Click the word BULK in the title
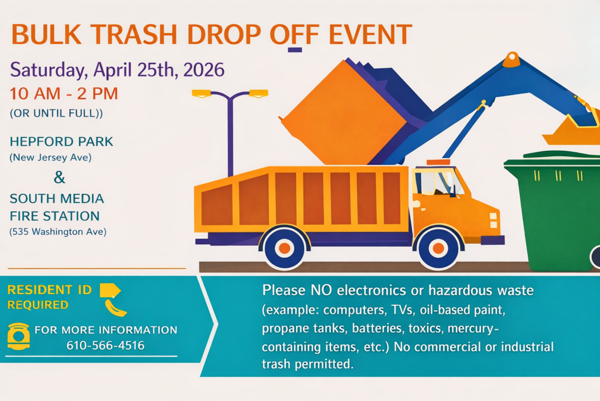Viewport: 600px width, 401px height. (x=46, y=35)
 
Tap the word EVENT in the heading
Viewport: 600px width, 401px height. (x=370, y=35)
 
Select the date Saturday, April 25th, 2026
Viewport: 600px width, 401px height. (x=117, y=70)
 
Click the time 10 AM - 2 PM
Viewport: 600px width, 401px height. (x=63, y=94)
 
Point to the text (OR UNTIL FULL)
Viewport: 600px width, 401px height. (x=56, y=113)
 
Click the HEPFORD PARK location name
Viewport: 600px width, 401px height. (x=61, y=141)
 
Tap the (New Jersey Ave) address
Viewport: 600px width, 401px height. (x=50, y=157)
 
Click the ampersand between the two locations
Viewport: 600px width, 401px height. (x=59, y=177)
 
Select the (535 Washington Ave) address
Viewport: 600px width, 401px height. (x=58, y=231)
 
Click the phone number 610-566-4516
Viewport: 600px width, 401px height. (x=105, y=345)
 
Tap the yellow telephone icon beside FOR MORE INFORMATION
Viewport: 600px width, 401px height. (x=18, y=336)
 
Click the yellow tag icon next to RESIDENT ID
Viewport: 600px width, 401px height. (x=110, y=290)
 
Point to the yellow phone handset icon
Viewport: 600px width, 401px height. (x=115, y=308)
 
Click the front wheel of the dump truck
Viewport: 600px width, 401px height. (x=438, y=248)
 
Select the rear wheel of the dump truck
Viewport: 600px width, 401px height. (x=284, y=248)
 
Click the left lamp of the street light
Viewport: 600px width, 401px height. (x=202, y=93)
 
